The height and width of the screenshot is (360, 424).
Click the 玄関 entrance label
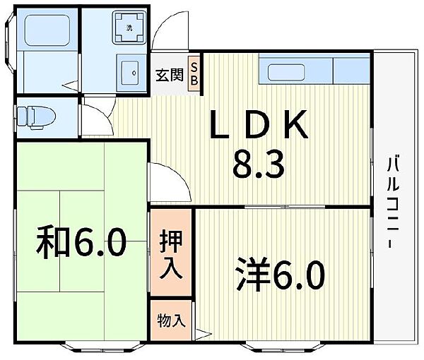pos(170,75)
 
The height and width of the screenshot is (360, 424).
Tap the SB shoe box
pos(194,73)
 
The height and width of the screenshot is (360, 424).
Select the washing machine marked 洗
pos(129,28)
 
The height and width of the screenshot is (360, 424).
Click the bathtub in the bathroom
pos(47,30)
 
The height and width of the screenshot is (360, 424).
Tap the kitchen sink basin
pos(286,72)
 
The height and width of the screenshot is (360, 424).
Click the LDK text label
pos(259,124)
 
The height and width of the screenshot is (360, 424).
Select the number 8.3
pos(259,164)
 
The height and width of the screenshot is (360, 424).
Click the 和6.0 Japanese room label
pos(81,242)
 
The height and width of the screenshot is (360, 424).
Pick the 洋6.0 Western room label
pos(280,274)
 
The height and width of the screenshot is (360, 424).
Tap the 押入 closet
pos(171,252)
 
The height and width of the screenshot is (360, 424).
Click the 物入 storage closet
pos(171,320)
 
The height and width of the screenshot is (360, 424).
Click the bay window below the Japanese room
pos(102,347)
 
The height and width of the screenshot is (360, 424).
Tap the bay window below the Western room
pos(283,347)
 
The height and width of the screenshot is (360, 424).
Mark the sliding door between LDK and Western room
pos(285,207)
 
